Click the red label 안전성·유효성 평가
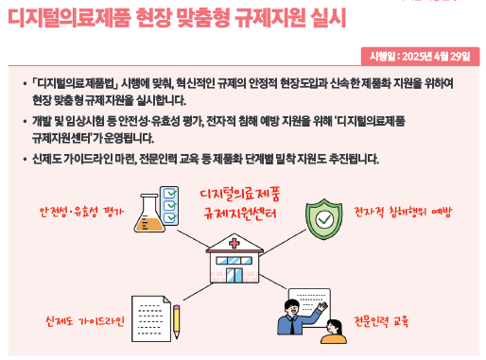(x=82, y=210)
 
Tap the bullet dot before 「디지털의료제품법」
(x=25, y=84)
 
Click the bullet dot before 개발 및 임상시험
(x=25, y=122)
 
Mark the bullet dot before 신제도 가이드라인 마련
(x=25, y=159)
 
